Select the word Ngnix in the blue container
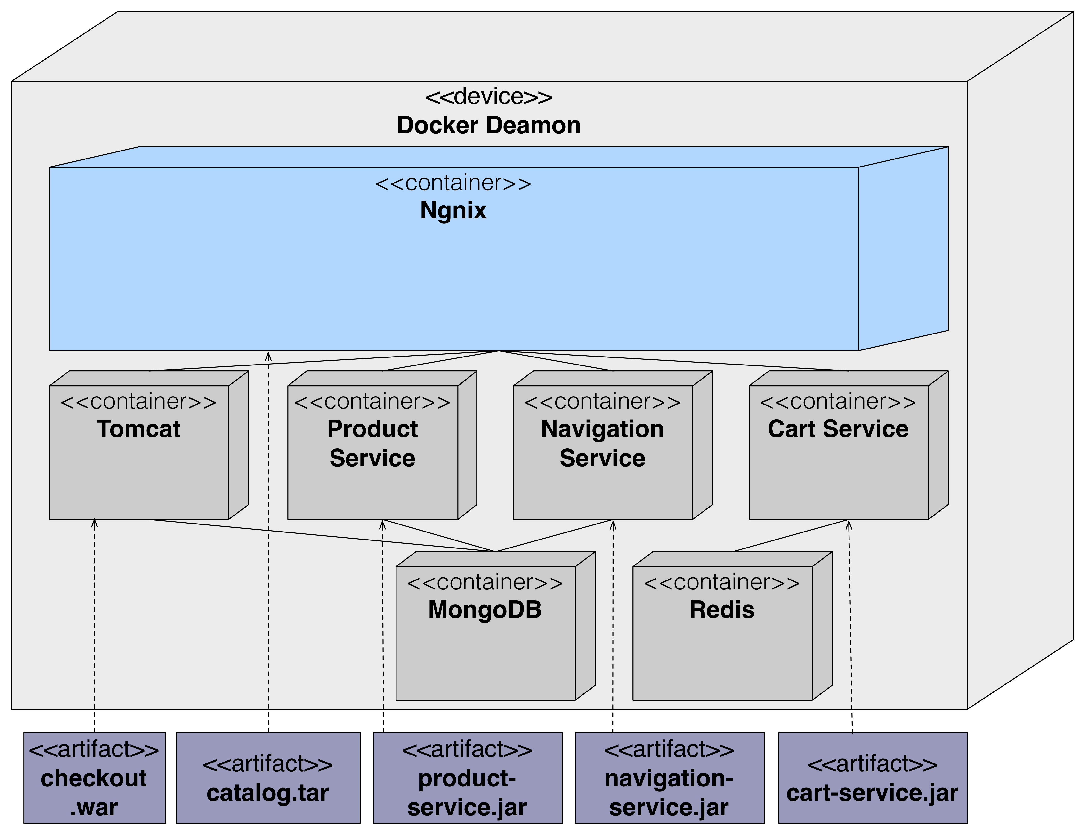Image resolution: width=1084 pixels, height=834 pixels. tap(453, 210)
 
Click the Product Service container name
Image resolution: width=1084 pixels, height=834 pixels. tap(372, 443)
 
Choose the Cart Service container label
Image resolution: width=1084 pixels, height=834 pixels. tap(838, 429)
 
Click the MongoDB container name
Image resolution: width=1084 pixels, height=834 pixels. tap(485, 610)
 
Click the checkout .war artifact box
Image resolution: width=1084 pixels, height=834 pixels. tap(94, 778)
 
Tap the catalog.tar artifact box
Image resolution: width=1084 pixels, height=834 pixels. tap(268, 778)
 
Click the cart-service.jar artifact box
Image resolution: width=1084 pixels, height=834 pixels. tap(873, 778)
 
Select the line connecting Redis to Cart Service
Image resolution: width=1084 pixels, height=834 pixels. tap(790, 536)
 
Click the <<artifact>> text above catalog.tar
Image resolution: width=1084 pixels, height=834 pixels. tap(268, 764)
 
